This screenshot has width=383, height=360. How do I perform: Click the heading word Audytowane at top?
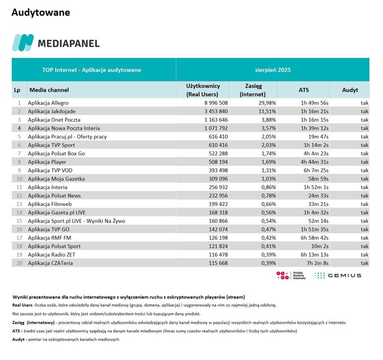click(41, 12)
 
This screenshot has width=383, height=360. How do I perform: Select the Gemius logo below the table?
click(338, 275)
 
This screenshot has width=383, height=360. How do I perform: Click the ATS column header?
click(303, 90)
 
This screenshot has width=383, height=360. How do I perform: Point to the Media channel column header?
click(49, 90)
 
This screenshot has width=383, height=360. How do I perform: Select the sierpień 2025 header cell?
click(272, 70)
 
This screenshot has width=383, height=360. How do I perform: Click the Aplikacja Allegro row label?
click(48, 103)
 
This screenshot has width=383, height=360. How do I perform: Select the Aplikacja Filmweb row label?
click(50, 204)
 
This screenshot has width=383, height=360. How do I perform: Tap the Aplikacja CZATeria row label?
click(50, 263)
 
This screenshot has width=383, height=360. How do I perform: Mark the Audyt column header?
click(350, 90)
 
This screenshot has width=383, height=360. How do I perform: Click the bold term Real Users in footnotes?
click(23, 305)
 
